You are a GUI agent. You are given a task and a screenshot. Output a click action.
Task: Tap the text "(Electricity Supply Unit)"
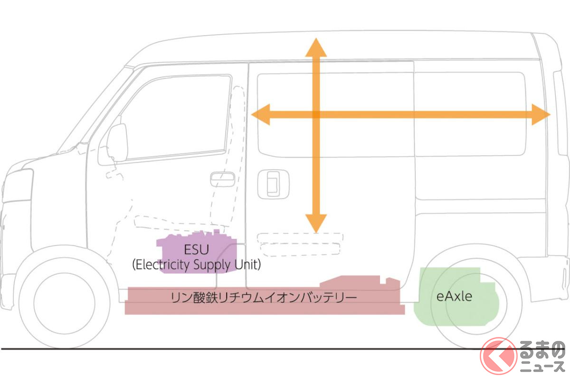pyautogui.click(x=196, y=265)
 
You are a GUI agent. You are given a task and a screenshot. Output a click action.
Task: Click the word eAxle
pyautogui.click(x=454, y=296)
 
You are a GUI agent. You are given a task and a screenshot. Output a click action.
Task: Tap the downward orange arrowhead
pyautogui.click(x=315, y=223)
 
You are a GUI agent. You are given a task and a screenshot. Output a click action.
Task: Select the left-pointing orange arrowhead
pyautogui.click(x=261, y=114)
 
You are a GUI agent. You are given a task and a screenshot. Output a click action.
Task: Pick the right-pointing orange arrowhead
pyautogui.click(x=540, y=114)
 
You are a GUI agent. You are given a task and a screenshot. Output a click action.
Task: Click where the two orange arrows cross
pyautogui.click(x=315, y=114)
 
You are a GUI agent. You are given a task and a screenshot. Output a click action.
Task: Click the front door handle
pyautogui.click(x=222, y=179)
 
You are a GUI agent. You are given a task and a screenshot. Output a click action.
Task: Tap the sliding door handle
pyautogui.click(x=273, y=183)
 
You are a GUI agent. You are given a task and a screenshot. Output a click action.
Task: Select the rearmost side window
pyautogui.click(x=470, y=114)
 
